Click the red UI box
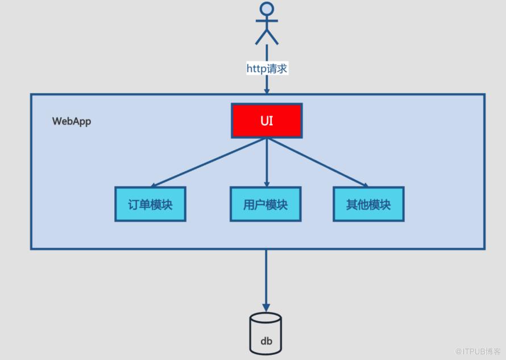coord(266,121)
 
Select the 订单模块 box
coord(150,204)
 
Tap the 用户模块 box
coord(266,204)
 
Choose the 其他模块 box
coord(368,204)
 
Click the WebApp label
coord(71,121)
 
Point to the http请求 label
coord(267,68)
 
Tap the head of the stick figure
coord(267,9)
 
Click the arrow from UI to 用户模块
coord(266,162)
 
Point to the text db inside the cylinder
coord(266,341)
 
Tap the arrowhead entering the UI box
coord(266,99)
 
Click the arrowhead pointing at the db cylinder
coord(266,307)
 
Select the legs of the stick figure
coord(267,36)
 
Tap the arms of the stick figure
coord(267,20)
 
